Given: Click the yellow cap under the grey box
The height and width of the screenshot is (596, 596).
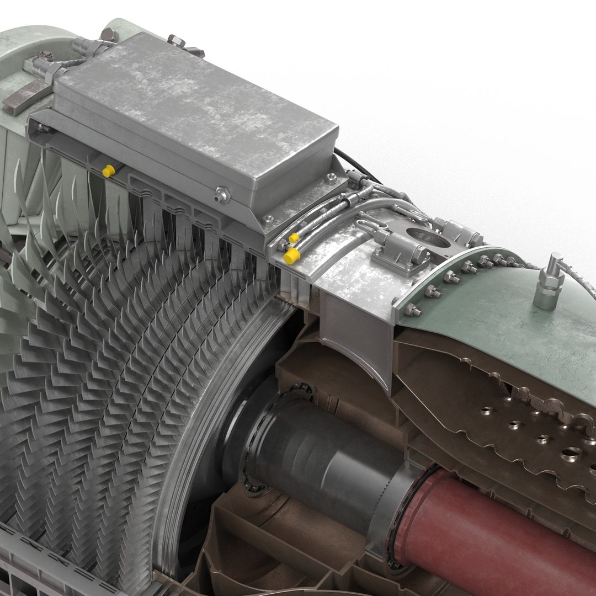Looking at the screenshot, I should (108, 171).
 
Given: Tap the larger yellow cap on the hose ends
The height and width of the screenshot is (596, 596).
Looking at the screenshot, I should (291, 256).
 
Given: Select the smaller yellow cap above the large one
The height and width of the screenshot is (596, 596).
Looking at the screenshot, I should (294, 237).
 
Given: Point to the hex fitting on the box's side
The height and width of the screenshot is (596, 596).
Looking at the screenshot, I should (222, 194).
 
